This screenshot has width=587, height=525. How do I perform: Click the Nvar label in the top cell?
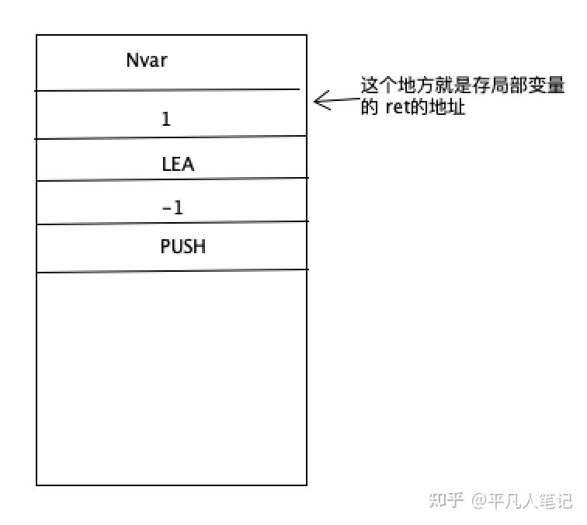coord(146,60)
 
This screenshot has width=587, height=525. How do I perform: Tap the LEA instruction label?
coord(177,165)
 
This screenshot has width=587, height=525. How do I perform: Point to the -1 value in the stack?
coord(172,207)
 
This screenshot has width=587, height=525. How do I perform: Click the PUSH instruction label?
coord(183,247)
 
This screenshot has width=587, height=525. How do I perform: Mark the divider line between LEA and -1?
coord(171,180)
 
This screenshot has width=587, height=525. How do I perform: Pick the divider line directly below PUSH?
coord(171,271)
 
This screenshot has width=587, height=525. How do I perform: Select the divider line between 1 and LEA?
coord(171,138)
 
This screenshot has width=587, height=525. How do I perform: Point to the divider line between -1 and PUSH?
coord(171,224)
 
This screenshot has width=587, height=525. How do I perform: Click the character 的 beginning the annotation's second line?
coord(369,107)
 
